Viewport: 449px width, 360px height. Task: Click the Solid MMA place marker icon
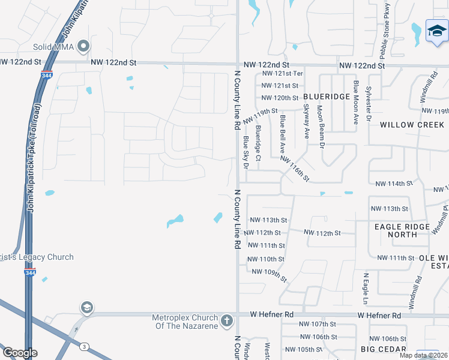[84, 46]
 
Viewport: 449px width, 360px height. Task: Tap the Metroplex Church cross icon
[227, 321]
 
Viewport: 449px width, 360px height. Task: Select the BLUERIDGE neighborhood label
[327, 97]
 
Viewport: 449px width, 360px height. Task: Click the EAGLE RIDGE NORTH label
[402, 230]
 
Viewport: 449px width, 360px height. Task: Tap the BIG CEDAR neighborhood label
[384, 349]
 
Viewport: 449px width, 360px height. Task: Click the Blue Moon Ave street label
[356, 103]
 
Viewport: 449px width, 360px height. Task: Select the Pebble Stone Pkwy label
[387, 28]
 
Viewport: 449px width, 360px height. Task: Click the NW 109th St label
[270, 275]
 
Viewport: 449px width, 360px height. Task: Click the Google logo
[19, 353]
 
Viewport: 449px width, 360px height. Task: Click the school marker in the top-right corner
[436, 32]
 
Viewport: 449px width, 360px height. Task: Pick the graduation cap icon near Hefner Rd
[87, 308]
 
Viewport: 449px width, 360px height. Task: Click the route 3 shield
[85, 347]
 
